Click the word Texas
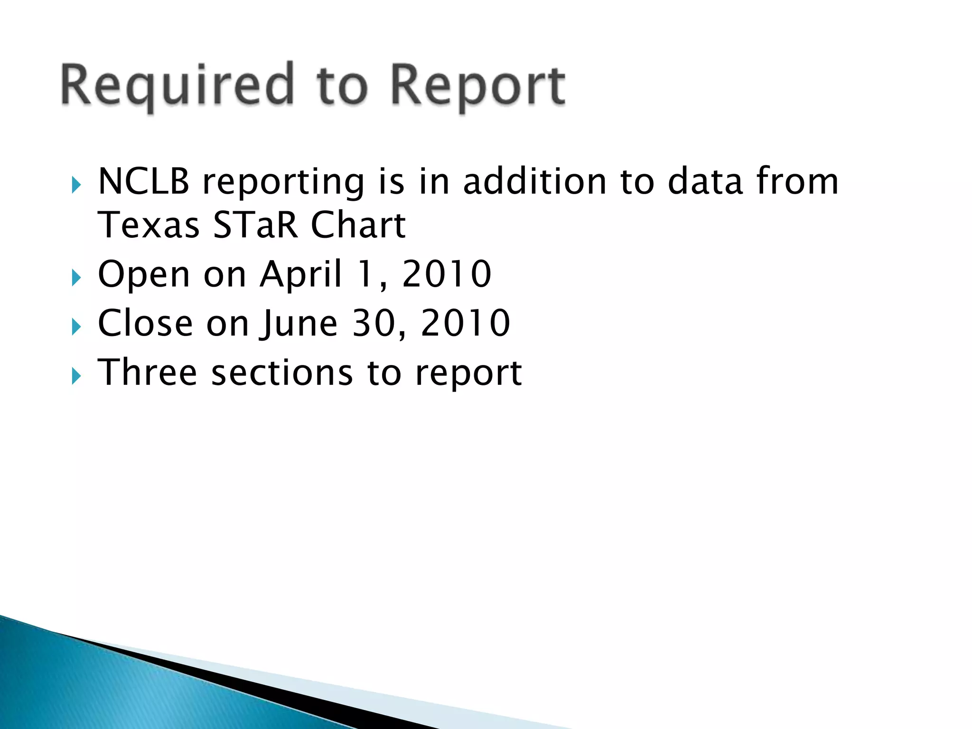(148, 225)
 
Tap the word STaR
(255, 225)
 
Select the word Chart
(358, 225)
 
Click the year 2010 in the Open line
(447, 274)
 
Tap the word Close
(145, 323)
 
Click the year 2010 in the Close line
(465, 323)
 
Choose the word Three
(147, 373)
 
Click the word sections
(282, 373)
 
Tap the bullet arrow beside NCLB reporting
(76, 185)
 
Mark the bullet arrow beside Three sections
(76, 376)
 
